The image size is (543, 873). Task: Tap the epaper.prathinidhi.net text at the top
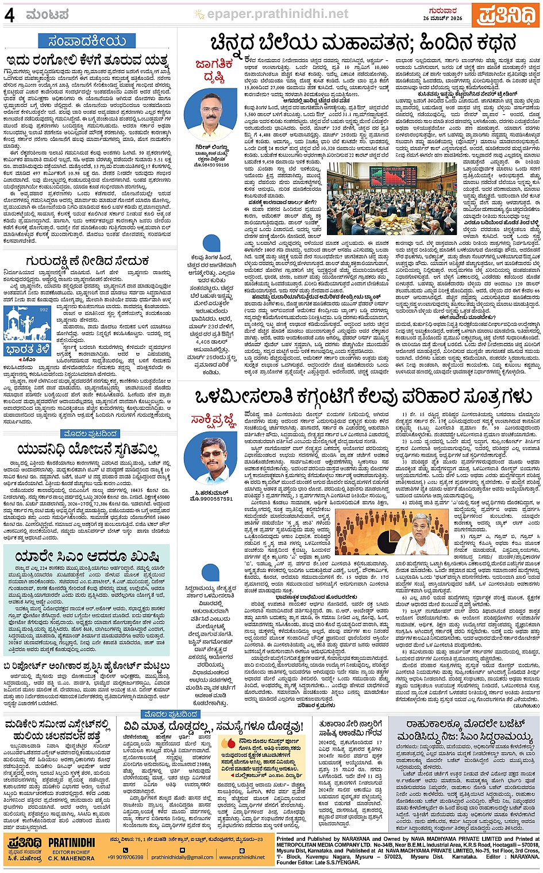point(278,14)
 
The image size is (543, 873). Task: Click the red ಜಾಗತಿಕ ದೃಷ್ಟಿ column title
point(214,70)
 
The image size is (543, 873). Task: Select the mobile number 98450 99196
point(212,165)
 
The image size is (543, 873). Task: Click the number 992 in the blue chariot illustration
point(44,310)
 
